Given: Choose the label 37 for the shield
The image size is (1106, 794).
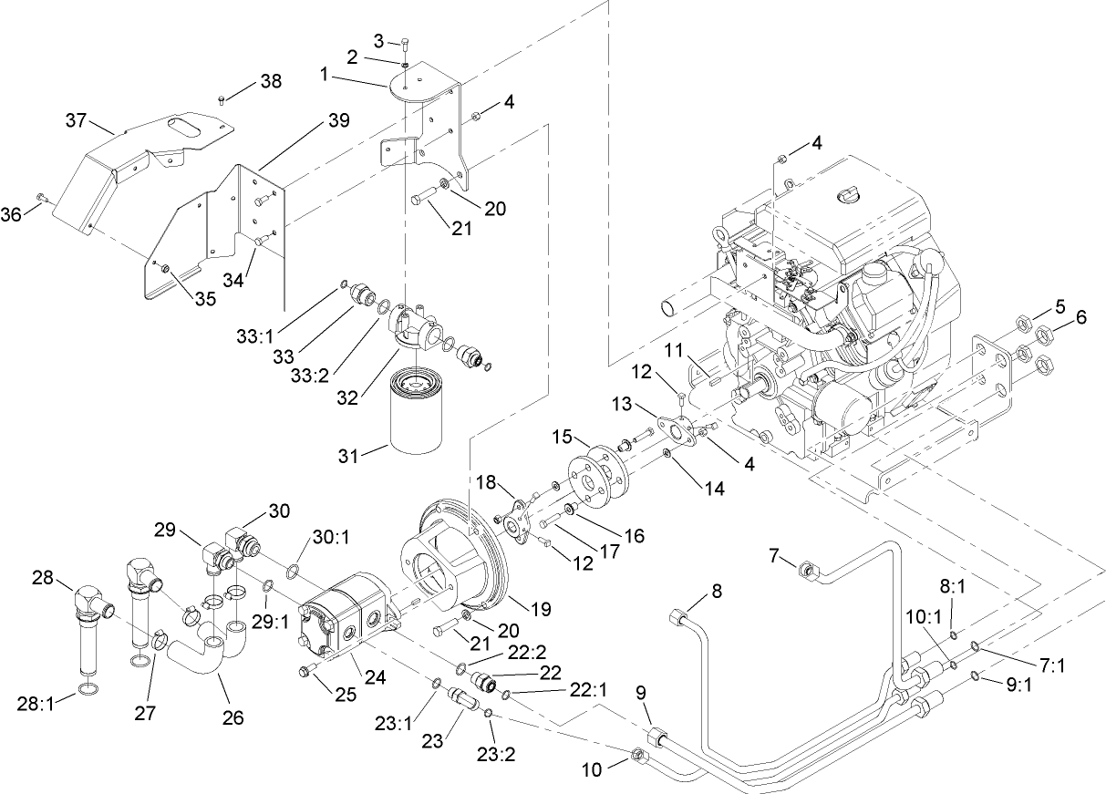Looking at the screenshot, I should (x=77, y=119).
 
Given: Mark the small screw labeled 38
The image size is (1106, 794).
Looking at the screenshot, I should (x=222, y=99).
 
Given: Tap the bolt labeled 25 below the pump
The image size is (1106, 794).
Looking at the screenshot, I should (x=306, y=671).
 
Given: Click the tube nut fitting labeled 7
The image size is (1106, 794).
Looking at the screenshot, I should (x=807, y=572).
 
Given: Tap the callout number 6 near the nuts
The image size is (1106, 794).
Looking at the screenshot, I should (x=1081, y=317).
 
